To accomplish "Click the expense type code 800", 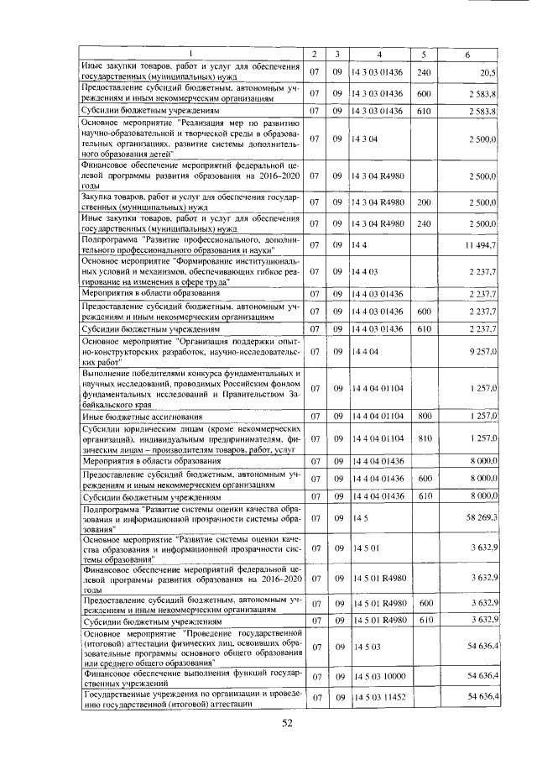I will [x=424, y=417].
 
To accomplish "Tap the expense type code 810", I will [x=424, y=438].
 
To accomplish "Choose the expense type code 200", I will [x=424, y=202].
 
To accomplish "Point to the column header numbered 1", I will [x=189, y=55].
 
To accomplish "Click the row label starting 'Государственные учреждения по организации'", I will [x=188, y=698].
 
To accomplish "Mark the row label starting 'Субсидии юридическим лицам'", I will [x=188, y=438].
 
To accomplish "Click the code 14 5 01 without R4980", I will [x=366, y=549].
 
